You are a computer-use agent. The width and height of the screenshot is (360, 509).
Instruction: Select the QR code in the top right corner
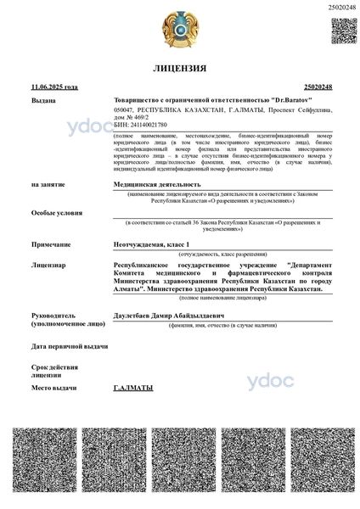point(343,31)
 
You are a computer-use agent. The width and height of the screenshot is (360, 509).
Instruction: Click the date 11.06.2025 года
point(53,87)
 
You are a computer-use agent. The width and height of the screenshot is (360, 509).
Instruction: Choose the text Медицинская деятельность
point(157,183)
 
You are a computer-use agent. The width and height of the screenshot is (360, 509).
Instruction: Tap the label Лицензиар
point(48,266)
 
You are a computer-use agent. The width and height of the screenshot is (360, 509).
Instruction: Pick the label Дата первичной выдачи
point(70,347)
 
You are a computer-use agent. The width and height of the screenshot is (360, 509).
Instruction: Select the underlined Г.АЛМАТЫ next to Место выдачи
point(133,388)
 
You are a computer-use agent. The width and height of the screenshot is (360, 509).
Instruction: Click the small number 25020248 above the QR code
point(341,7)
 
